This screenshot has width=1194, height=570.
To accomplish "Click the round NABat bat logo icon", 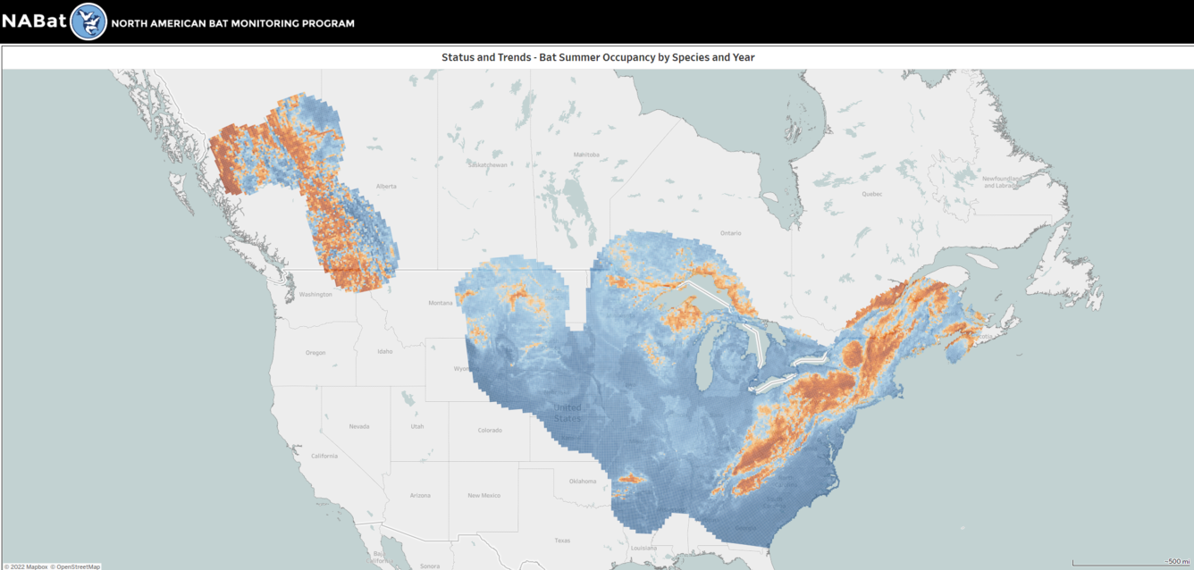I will [x=88, y=21].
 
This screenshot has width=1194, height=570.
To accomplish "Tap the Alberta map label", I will [x=386, y=186].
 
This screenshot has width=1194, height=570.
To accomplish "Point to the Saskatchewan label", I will [x=487, y=164].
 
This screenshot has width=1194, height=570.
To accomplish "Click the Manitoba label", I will [x=585, y=155].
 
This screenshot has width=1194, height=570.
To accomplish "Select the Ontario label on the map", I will [x=730, y=232].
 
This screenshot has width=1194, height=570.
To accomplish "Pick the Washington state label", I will [x=315, y=294].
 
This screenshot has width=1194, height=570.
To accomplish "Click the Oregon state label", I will [x=315, y=352].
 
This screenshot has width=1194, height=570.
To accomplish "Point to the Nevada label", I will [x=358, y=426].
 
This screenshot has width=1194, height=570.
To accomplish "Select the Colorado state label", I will [x=490, y=430].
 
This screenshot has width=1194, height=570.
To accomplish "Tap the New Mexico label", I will [x=483, y=495].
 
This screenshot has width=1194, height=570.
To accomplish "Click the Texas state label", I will [x=561, y=540].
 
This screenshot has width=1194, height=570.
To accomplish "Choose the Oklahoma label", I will [x=583, y=481].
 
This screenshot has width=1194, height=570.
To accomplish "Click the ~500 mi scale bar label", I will [x=1177, y=561].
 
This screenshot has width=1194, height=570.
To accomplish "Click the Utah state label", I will [x=417, y=426].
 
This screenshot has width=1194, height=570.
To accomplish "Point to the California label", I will [x=324, y=456].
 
